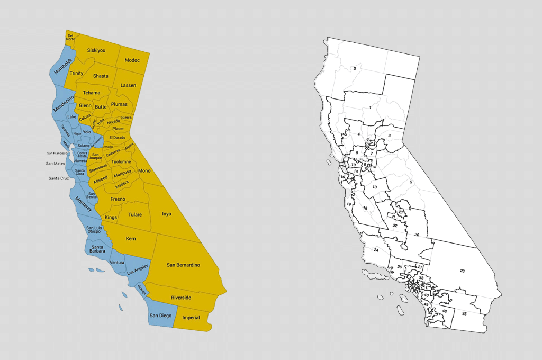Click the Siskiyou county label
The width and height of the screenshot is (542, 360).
coord(96,50)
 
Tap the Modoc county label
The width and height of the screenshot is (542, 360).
coord(132,60)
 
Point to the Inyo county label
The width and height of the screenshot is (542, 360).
coord(167,214)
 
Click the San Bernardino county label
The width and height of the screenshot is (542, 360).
coord(183,265)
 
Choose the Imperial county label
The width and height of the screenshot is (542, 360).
coord(191,318)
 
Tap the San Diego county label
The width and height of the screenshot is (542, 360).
coord(160,316)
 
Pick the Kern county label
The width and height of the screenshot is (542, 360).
coord(131,239)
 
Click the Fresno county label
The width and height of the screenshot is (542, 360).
coord(118,199)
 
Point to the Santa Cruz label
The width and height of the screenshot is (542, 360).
coord(58,178)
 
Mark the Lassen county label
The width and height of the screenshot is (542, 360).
coord(128,85)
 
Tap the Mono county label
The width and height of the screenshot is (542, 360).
coord(144,171)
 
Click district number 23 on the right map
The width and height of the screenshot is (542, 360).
coord(462,271)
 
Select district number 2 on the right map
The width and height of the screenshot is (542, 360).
coord(355,68)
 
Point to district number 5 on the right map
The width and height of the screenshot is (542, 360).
coord(411,182)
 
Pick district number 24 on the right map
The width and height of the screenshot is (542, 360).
coord(376,250)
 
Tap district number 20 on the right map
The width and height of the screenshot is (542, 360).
coord(417,235)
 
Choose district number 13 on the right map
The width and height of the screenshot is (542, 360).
coord(374,187)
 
